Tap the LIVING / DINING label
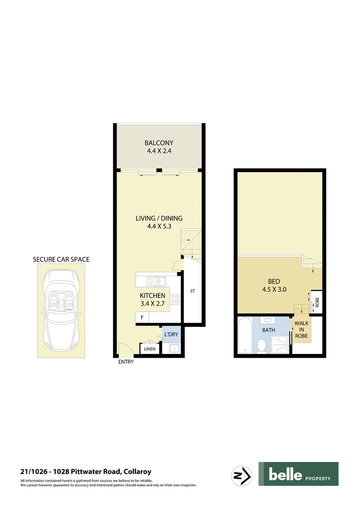pyautogui.click(x=159, y=222)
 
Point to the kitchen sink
pyautogui.click(x=155, y=281)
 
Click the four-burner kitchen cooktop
pyautogui.click(x=175, y=298)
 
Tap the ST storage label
pyautogui.click(x=192, y=291)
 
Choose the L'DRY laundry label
pyautogui.click(x=171, y=334)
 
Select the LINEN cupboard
pyautogui.click(x=150, y=349)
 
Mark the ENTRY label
pyautogui.click(x=126, y=362)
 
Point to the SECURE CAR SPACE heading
pyautogui.click(x=61, y=259)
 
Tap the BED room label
pyautogui.click(x=274, y=286)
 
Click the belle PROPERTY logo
pyautogui.click(x=298, y=474)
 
